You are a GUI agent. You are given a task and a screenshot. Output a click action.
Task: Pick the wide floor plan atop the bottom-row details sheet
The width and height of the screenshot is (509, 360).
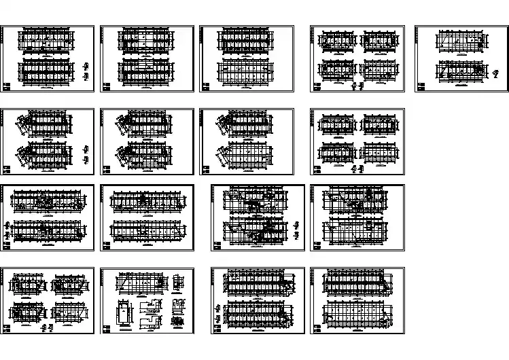[139, 282]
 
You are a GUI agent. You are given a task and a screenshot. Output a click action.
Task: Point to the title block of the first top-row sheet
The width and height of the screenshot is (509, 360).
[7, 86]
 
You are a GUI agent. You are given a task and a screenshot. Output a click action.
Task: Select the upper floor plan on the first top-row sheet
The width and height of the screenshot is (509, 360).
[46, 40]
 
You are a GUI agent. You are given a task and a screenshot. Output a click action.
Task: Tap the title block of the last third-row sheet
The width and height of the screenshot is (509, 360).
[316, 247]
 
